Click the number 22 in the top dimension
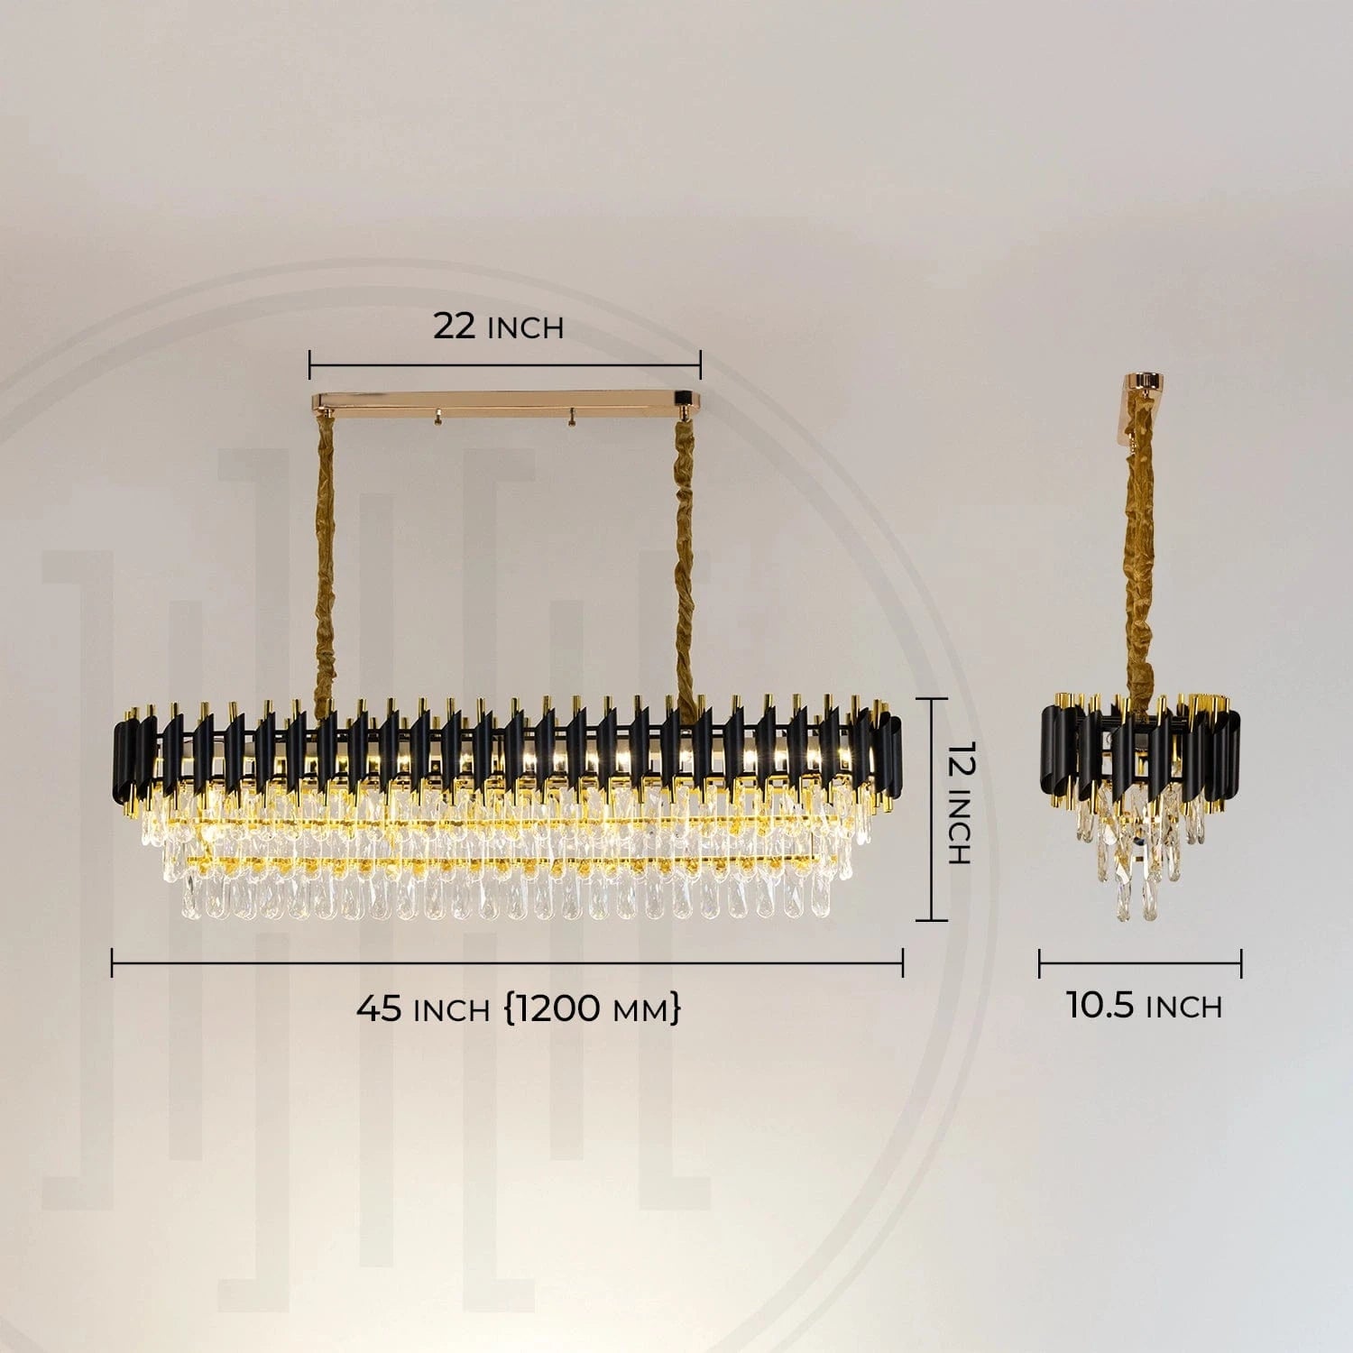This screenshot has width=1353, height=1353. tap(454, 326)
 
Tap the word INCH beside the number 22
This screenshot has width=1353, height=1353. tap(525, 329)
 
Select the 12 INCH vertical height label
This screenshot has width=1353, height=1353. tap(958, 803)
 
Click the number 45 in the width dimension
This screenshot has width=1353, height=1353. tap(379, 1008)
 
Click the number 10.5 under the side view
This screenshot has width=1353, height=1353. tap(1100, 1005)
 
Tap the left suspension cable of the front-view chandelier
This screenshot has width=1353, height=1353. tap(324, 559)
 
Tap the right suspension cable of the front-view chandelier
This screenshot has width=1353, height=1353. tap(686, 559)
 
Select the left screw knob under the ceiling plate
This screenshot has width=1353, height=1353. tap(437, 419)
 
